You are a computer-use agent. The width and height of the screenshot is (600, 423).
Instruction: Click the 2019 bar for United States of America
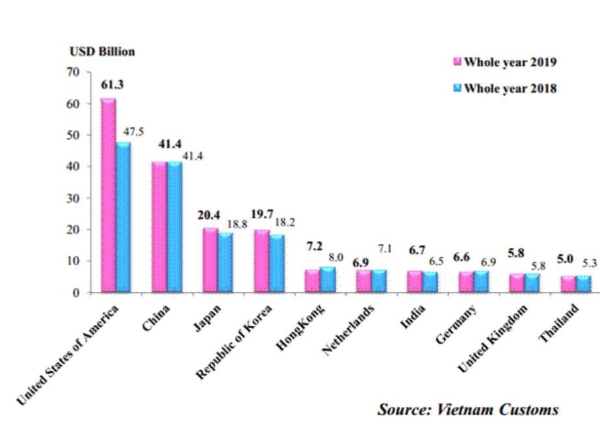108,195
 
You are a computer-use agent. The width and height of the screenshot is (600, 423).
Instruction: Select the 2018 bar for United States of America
123,217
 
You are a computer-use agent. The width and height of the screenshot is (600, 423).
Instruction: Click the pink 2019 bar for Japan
210,260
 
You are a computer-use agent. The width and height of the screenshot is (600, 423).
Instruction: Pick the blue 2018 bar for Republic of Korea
276,263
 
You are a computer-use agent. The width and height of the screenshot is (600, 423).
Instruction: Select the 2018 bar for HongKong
328,279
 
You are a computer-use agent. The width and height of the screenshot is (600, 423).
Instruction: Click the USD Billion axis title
102,51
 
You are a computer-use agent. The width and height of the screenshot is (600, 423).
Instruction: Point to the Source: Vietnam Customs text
468,409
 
